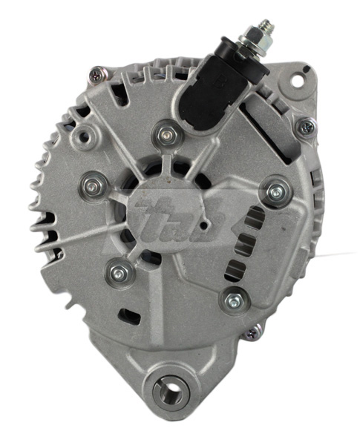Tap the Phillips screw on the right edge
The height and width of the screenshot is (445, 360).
[x=305, y=127]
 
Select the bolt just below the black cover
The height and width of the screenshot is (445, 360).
[x=165, y=135]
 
